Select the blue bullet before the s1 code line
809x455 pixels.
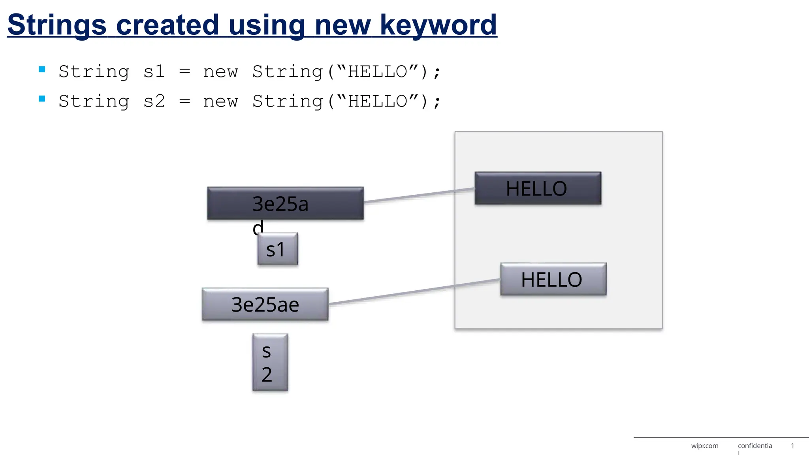42,70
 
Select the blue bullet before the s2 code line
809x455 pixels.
42,99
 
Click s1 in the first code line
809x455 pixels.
154,72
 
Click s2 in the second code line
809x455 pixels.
154,102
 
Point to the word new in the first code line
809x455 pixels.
220,72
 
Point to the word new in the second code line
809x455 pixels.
220,102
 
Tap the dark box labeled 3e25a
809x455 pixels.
285,203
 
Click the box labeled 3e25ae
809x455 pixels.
265,304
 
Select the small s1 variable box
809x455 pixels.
277,249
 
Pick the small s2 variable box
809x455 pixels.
270,362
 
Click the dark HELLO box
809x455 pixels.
538,188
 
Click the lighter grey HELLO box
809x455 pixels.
553,279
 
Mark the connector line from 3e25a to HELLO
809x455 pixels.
419,195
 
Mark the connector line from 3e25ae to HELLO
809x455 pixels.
415,291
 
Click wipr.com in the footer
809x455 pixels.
705,446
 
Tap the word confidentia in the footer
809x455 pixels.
755,446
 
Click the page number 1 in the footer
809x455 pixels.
792,446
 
